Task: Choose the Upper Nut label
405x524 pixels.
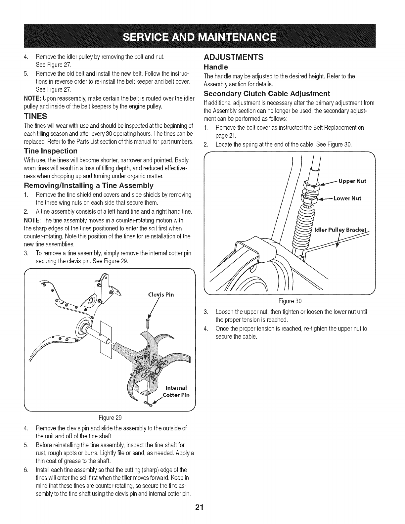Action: pos(352,181)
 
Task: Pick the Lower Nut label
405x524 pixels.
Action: pos(347,198)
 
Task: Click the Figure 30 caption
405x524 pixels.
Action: pos(290,301)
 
